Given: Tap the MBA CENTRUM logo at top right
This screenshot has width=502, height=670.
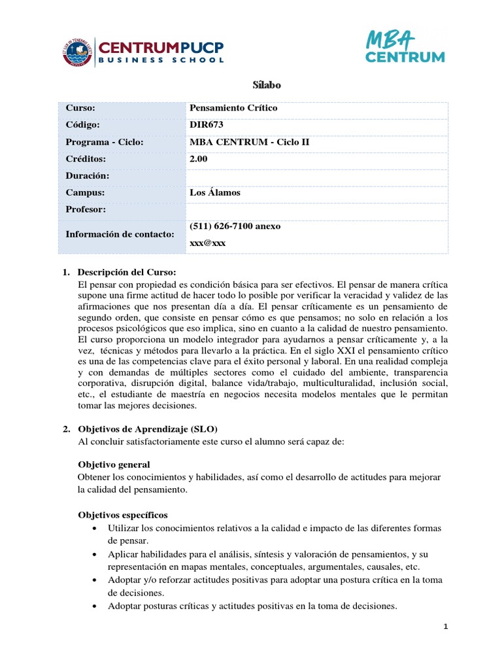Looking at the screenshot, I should (404, 46).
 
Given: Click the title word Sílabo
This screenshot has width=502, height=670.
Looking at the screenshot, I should (266, 85).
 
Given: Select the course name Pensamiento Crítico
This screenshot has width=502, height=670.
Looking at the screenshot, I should (233, 108).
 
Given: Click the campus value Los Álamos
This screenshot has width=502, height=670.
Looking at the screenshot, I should (214, 192).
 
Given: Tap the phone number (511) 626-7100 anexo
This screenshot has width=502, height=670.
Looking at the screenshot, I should (235, 226).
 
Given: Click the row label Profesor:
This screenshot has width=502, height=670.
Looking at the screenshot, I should (86, 209).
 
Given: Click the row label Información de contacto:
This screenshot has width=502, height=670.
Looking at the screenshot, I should (120, 234).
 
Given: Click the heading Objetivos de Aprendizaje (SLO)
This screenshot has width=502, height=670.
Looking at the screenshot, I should (147, 429).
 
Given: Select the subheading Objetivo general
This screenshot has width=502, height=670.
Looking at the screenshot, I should (114, 464).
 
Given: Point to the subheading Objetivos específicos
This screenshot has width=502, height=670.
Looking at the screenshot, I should (123, 515).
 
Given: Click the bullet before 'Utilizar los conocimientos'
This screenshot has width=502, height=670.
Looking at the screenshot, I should (97, 529).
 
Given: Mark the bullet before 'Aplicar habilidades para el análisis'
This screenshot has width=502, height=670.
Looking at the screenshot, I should (97, 554).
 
